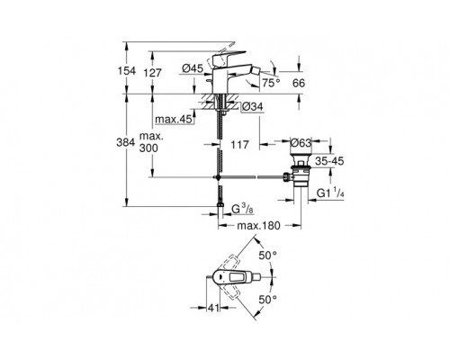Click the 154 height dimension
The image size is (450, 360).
coord(126,71)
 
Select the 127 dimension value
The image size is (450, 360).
coord(153,73)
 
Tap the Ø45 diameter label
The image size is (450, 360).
coord(193,69)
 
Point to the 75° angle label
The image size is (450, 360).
coord(271,83)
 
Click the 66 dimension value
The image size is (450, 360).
coord(299,83)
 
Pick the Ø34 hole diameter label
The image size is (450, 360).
coord(252,107)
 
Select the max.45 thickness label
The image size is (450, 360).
coord(174,120)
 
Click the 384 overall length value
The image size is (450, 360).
coord(126,142)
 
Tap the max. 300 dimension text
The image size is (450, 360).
coord(151,142)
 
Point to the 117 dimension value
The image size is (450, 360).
coord(239,145)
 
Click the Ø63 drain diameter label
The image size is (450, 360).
coord(301,143)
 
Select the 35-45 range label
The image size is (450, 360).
coord(329,161)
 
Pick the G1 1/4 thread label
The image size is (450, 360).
coord(330,193)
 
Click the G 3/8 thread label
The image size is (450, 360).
coord(242,209)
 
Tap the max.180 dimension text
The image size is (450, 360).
coord(258,225)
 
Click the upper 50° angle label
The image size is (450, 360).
coord(268,256)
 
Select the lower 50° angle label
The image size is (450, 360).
coord(268,299)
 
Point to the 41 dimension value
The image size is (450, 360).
coord(213,308)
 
